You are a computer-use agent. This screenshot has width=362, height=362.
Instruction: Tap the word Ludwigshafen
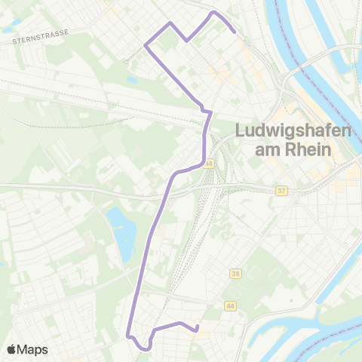tap(293, 130)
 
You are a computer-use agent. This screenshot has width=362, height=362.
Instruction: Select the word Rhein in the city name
tap(308, 149)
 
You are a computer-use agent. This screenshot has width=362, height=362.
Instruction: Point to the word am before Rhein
tap(268, 149)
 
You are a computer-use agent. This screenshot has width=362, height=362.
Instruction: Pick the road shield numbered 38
tap(236, 272)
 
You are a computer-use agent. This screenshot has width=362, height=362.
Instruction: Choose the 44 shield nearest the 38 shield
tap(229, 305)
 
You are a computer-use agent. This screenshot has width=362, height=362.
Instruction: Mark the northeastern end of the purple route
tap(235, 32)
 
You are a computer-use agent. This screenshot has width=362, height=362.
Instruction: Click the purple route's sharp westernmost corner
tap(145, 46)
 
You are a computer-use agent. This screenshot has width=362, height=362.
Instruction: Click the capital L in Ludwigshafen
tap(241, 130)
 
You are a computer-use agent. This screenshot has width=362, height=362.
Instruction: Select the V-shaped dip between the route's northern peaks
tap(186, 41)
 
